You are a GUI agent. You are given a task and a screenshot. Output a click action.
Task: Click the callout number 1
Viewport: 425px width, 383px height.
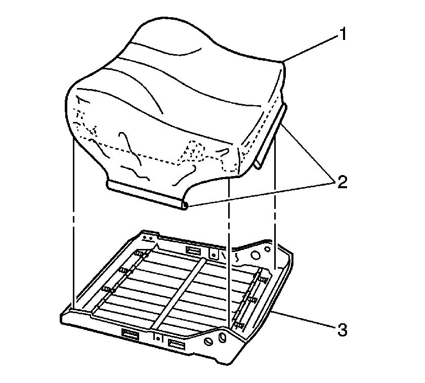[x=343, y=34]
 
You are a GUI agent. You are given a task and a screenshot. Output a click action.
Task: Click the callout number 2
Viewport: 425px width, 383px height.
[x=343, y=182]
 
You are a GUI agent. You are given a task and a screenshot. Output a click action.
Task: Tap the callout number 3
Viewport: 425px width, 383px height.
[x=343, y=330]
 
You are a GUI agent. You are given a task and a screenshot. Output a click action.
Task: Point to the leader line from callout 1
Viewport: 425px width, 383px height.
[x=311, y=49]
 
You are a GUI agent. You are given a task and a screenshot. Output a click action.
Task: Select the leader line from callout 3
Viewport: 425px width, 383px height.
[x=303, y=320]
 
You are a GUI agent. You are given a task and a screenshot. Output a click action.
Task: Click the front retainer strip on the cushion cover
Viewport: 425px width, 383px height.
[x=146, y=195]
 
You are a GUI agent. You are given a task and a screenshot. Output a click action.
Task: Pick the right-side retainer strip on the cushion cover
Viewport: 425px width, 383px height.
[x=270, y=137]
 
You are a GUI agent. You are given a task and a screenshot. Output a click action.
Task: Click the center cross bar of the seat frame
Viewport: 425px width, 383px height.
[x=179, y=293]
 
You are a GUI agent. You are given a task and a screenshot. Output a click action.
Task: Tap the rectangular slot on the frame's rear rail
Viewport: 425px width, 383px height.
[x=193, y=251]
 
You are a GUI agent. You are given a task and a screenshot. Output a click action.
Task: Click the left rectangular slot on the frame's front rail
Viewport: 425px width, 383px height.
[x=131, y=334]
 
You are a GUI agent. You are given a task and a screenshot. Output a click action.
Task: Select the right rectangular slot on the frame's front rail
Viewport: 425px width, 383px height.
[x=177, y=345]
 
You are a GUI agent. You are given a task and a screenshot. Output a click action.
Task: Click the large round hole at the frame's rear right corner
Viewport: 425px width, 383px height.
[x=256, y=255]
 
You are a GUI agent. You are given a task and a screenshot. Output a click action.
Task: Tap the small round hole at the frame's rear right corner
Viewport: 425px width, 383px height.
[x=268, y=248]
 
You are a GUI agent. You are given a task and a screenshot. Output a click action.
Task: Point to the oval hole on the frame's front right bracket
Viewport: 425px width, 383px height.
[x=222, y=337]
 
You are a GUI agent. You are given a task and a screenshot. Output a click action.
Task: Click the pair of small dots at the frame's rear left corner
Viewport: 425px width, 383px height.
[x=148, y=238]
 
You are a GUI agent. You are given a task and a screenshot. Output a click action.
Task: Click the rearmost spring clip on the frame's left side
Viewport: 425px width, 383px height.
[x=141, y=254]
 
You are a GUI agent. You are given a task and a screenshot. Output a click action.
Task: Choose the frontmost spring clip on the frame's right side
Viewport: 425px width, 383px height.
[x=239, y=325]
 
